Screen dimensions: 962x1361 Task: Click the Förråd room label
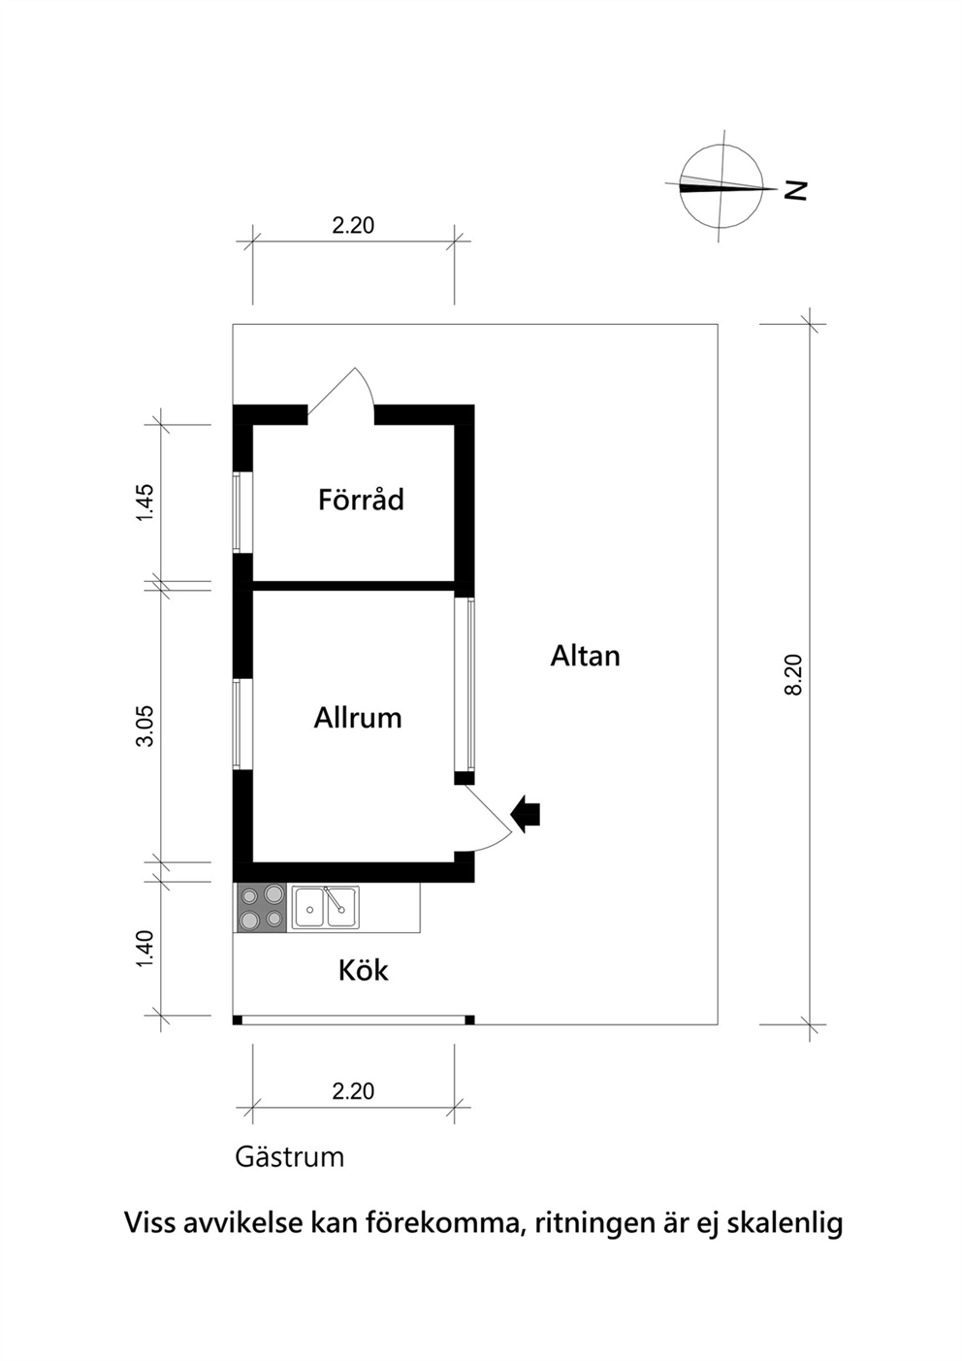pos(361,500)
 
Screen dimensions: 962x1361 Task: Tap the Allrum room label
pos(358,718)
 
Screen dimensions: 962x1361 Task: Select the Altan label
pos(585,656)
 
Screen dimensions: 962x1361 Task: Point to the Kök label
pos(364,970)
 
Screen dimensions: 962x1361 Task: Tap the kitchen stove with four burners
pos(261,908)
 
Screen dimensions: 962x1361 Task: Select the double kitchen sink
pos(326,907)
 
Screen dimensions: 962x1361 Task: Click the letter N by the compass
pos(795,190)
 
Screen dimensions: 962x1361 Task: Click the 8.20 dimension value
pos(794,674)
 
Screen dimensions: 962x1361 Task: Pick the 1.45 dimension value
pos(145,502)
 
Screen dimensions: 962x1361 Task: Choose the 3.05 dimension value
pos(145,726)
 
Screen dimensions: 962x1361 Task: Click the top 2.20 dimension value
pos(353,226)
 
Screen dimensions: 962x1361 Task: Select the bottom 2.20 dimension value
pos(353,1091)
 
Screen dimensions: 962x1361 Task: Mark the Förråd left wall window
pos(239,511)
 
